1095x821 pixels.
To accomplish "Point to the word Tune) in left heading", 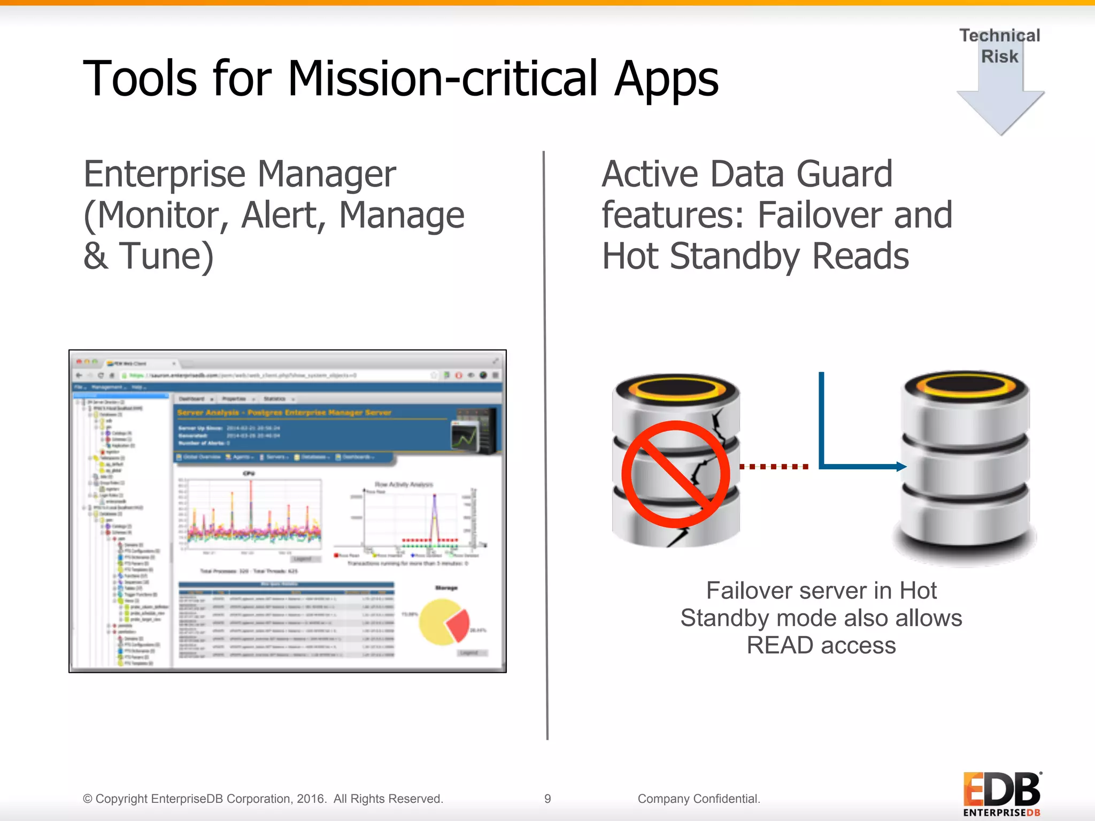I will click(166, 257).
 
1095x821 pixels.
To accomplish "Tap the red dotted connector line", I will click(774, 467).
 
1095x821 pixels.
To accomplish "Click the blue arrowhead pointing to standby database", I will click(901, 467).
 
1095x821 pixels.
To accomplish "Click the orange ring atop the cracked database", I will click(676, 388).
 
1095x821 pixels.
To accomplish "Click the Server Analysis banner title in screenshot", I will click(284, 413).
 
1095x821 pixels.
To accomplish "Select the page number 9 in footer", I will click(547, 799).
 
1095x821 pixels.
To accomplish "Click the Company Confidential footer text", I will click(698, 799).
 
